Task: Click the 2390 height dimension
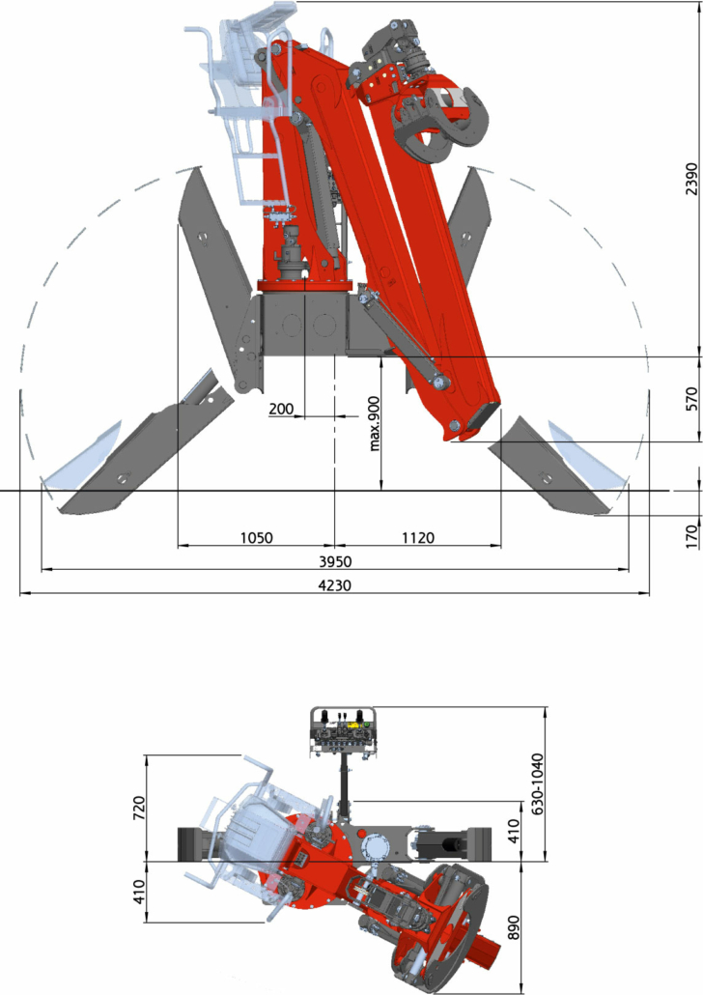(x=691, y=179)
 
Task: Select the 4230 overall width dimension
(x=334, y=585)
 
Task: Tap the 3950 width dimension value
(x=334, y=561)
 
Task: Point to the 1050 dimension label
(x=256, y=538)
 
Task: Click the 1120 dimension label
(x=418, y=538)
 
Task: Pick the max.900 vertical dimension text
(x=375, y=424)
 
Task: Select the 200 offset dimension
(x=281, y=409)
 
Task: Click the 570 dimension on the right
(x=691, y=399)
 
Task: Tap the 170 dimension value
(x=691, y=536)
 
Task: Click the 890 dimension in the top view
(x=513, y=927)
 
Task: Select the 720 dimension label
(x=139, y=808)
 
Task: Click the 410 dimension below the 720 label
(x=139, y=892)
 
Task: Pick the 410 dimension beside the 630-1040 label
(x=513, y=831)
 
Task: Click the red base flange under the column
(x=303, y=285)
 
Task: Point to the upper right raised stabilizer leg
(x=470, y=222)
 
